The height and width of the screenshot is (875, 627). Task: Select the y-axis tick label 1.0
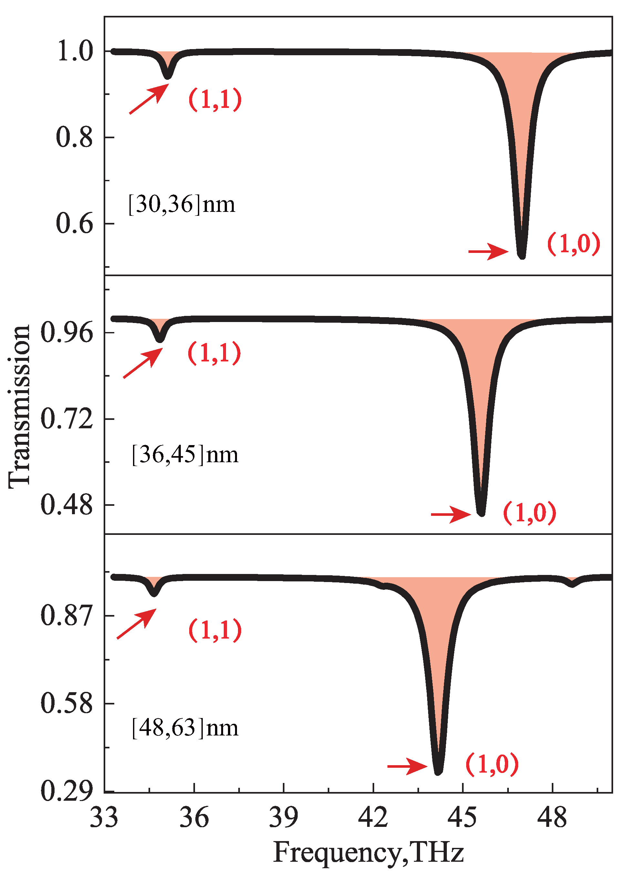click(75, 51)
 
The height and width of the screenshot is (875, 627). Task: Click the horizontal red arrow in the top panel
click(488, 252)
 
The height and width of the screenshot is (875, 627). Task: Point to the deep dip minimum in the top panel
click(521, 255)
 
